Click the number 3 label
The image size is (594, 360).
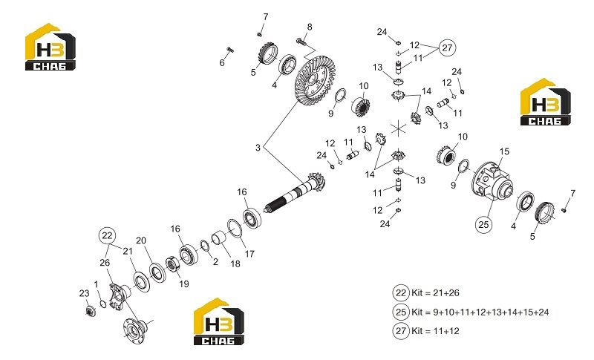click(x=258, y=148)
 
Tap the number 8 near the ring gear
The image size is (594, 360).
click(x=310, y=27)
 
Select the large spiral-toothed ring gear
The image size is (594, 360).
click(x=313, y=81)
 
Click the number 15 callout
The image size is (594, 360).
click(x=504, y=151)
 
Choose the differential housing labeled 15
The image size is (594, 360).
click(x=492, y=180)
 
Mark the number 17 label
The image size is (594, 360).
click(x=249, y=254)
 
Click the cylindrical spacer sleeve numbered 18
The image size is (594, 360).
click(x=219, y=238)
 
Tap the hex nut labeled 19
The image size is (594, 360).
click(x=172, y=264)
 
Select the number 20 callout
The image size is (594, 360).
click(x=141, y=240)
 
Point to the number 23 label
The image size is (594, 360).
click(x=84, y=293)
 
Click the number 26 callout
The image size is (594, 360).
click(x=105, y=262)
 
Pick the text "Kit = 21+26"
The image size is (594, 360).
click(x=435, y=293)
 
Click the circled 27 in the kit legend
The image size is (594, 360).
click(x=401, y=330)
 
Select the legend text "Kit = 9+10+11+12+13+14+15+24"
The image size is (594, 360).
click(x=480, y=312)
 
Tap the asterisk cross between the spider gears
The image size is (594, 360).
click(x=399, y=128)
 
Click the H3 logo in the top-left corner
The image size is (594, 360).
click(x=50, y=47)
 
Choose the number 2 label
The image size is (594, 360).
click(x=215, y=262)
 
